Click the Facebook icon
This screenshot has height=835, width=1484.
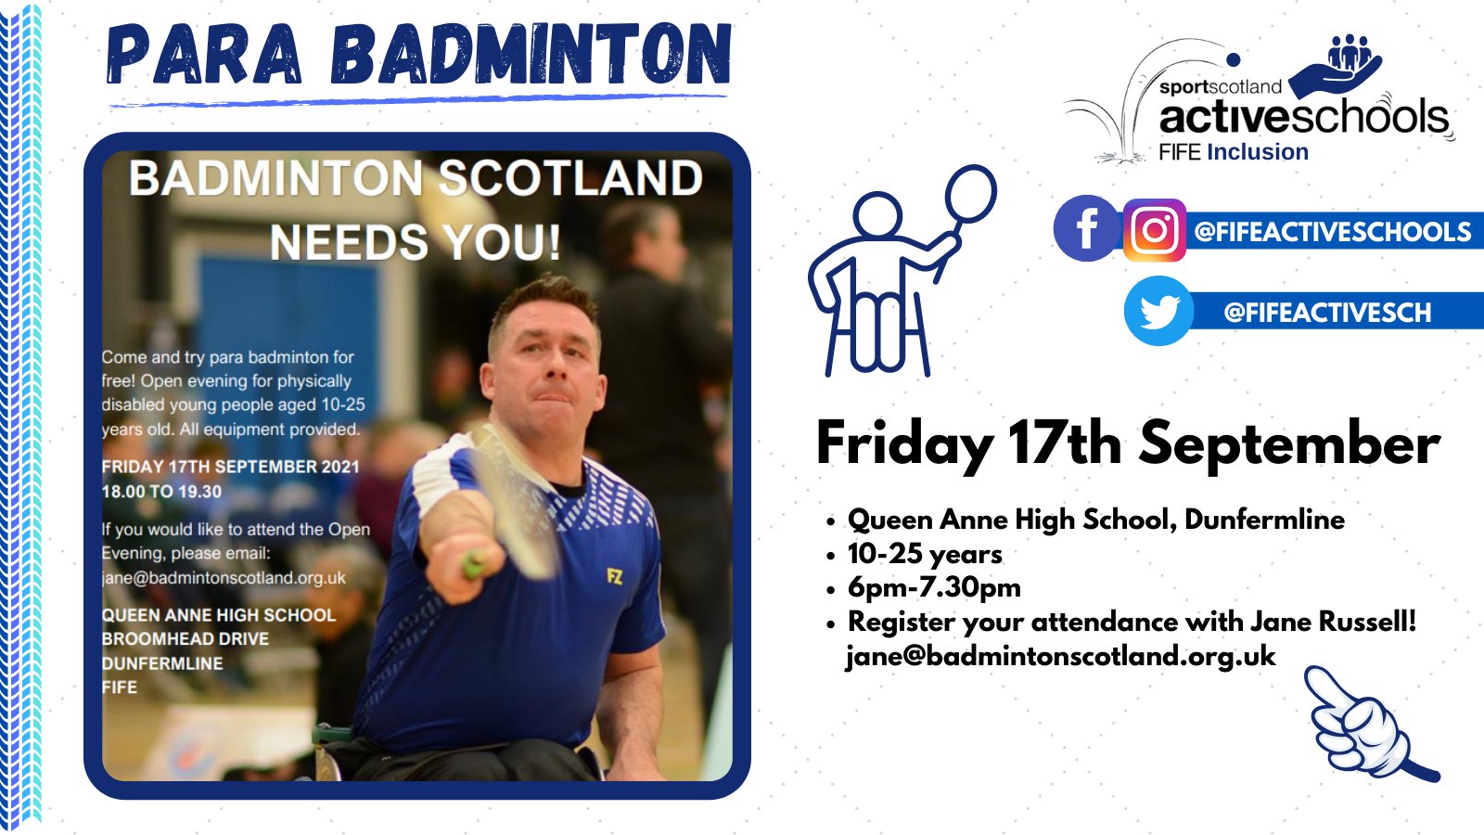tap(1087, 228)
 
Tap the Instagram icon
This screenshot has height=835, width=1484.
tap(1154, 230)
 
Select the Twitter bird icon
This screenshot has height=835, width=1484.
tap(1158, 311)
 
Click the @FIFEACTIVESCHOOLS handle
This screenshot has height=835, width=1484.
tap(1332, 231)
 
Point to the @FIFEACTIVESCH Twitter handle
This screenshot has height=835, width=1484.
tap(1327, 313)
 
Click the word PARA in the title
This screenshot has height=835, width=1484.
tap(205, 56)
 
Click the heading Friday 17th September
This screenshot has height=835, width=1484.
tap(1127, 443)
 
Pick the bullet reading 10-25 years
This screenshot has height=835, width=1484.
tap(925, 554)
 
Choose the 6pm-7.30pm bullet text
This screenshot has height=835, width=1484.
tap(934, 587)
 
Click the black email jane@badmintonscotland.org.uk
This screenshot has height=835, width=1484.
tap(1060, 656)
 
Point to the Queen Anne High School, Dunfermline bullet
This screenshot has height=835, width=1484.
tap(1095, 520)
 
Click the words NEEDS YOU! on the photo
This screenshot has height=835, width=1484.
tap(415, 243)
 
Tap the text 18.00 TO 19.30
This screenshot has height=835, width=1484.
tap(161, 492)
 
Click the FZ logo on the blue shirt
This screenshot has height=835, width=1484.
tap(614, 577)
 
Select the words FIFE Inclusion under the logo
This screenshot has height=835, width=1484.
tap(1233, 152)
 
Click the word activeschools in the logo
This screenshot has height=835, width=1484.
tap(1303, 117)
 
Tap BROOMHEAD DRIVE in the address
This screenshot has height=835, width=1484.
tap(185, 639)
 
